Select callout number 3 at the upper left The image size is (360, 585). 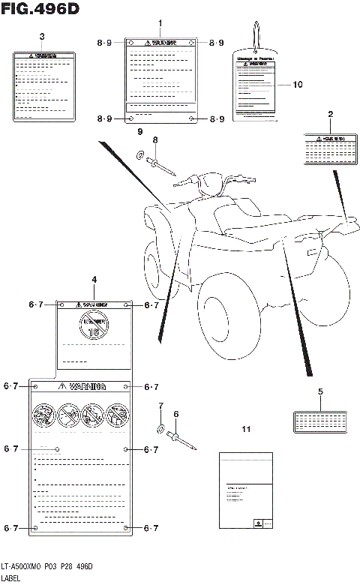click(42, 36)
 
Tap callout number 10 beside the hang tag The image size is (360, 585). click(298, 85)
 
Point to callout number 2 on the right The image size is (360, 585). click(330, 115)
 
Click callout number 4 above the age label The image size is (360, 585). click(94, 280)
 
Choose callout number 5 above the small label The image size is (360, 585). click(320, 391)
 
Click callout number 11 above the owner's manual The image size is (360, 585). click(245, 429)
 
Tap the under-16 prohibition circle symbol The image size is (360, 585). click(94, 327)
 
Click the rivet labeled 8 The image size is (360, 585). click(163, 166)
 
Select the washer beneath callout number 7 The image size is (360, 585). click(160, 429)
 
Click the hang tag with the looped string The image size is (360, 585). click(255, 82)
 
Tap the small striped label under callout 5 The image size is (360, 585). click(320, 421)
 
